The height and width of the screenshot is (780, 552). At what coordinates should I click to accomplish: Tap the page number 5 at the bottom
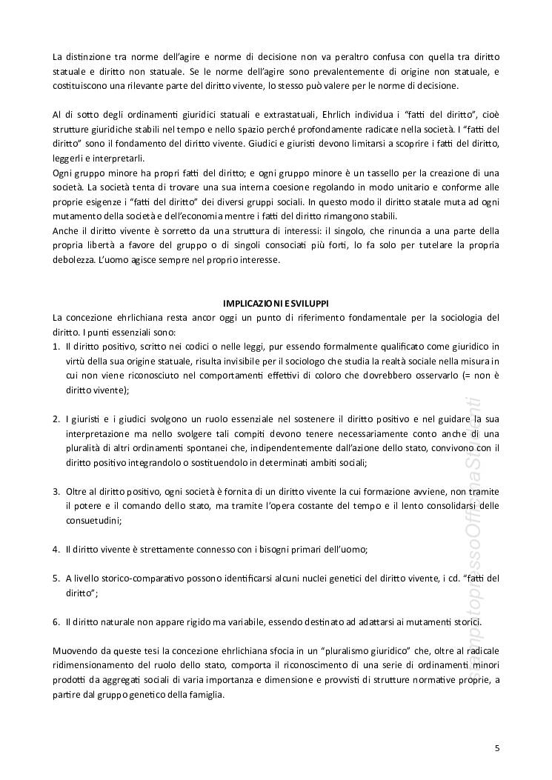[497, 748]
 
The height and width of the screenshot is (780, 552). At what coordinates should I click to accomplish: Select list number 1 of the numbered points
[56, 346]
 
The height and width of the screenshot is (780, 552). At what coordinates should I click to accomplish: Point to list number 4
[56, 549]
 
